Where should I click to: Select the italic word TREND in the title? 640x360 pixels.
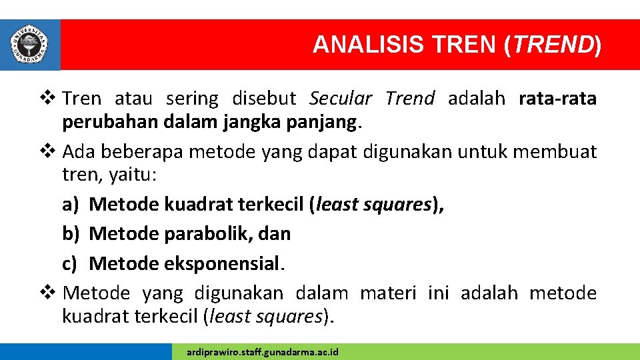pos(553,45)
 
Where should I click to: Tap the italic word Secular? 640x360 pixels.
pos(341,99)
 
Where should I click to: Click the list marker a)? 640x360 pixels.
pos(71,204)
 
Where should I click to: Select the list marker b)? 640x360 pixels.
pos(71,234)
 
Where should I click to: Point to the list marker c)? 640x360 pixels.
pos(71,264)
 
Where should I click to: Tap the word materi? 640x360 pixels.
pos(386,293)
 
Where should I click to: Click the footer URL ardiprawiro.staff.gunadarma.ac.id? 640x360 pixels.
pos(263,351)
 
